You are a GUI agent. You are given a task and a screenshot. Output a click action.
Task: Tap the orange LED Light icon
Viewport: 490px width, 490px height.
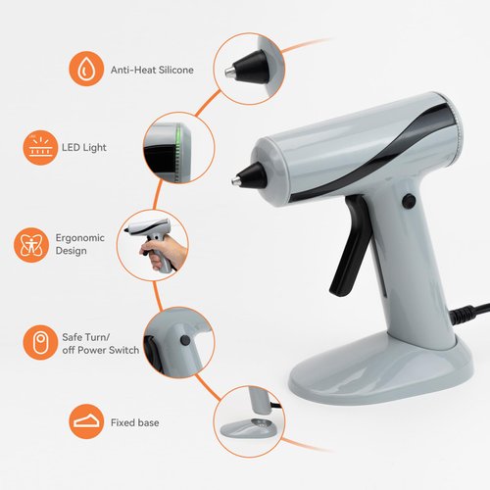38,148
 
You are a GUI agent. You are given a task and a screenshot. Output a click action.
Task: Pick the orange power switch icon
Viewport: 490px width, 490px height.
38,341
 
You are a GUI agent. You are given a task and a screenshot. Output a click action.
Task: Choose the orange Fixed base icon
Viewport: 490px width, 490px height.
86,422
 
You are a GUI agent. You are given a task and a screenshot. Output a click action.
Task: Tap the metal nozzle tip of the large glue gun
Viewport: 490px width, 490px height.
235,179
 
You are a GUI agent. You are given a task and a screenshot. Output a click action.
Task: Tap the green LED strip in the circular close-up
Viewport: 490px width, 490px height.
177,147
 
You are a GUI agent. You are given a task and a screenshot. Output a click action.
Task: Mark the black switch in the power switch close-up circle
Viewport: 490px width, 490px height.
184,341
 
